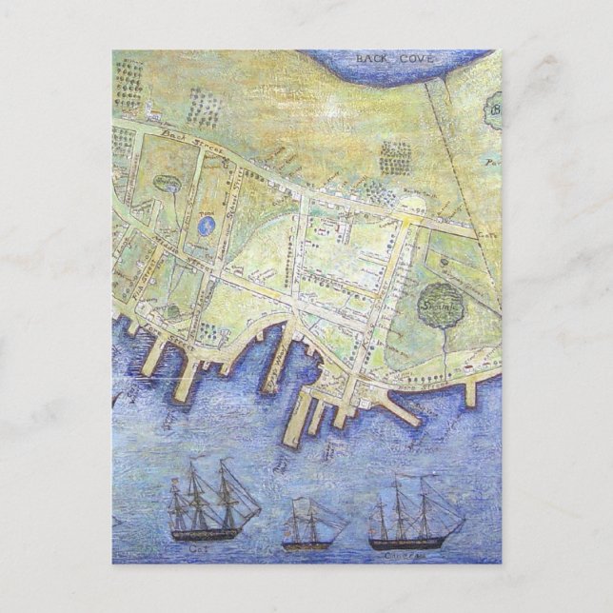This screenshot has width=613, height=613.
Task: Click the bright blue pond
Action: click(x=206, y=227)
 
